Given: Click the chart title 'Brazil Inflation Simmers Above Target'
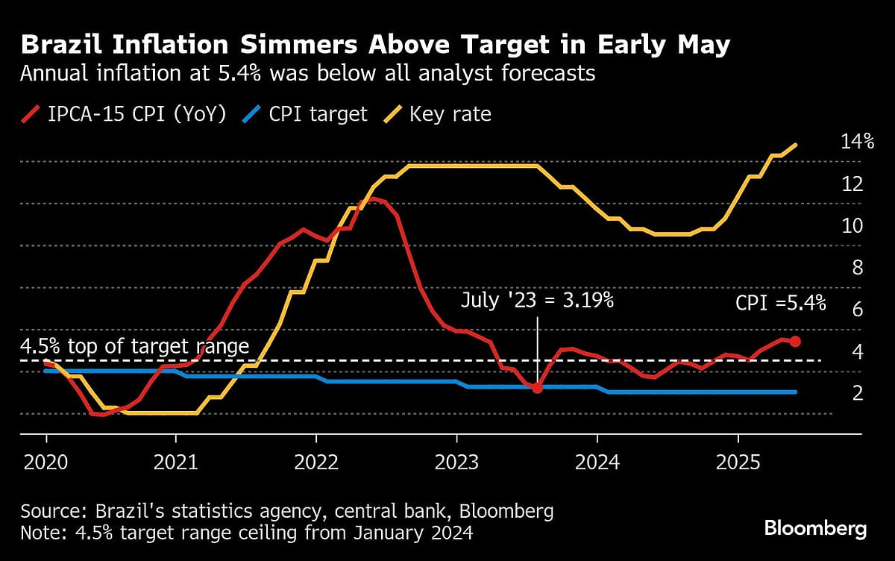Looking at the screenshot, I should (375, 45).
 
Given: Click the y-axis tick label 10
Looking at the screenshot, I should (852, 225).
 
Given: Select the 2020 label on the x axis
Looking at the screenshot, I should (45, 461).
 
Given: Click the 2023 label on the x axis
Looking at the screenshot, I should (457, 461).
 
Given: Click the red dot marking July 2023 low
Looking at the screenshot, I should (537, 388).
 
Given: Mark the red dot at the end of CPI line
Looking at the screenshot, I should (795, 341).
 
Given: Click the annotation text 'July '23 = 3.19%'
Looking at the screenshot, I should (537, 301).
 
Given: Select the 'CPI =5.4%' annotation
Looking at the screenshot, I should (781, 303).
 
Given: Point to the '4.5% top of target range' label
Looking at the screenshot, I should (134, 347).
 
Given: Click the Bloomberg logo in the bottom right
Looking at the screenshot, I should (815, 529).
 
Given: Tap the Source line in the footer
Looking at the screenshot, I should (287, 511).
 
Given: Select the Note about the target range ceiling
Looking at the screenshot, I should (247, 533).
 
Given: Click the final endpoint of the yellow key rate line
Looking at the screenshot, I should (797, 145).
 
